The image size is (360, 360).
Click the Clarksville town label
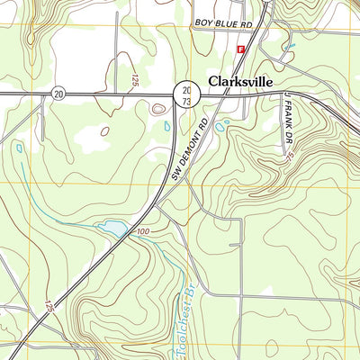tap(241, 80)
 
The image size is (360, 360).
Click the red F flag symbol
tap(240, 49)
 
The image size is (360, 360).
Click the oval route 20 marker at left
tap(58, 93)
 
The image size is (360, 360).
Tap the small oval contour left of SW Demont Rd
tap(159, 109)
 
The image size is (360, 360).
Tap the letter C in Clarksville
tap(213, 80)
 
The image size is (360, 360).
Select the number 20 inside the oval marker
tap(58, 93)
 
